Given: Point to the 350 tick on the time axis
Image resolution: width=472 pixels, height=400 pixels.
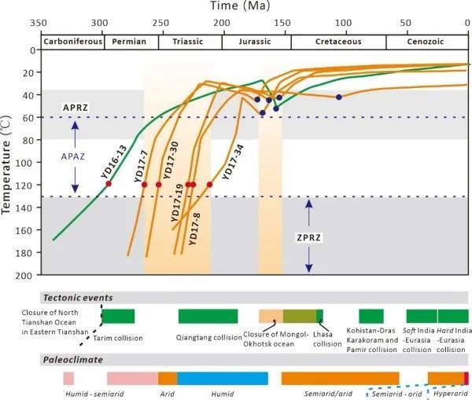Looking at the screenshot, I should coord(39,22).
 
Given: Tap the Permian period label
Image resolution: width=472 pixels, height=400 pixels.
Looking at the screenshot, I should coord(130,41).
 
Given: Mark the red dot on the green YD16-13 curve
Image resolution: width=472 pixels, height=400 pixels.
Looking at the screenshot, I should coord(109,184).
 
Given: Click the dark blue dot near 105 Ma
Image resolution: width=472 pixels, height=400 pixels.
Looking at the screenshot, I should coord(339,97).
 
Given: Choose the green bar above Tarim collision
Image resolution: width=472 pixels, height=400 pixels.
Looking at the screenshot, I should coord(118,316).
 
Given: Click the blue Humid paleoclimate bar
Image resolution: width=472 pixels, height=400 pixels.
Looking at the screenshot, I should coord(222,378).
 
